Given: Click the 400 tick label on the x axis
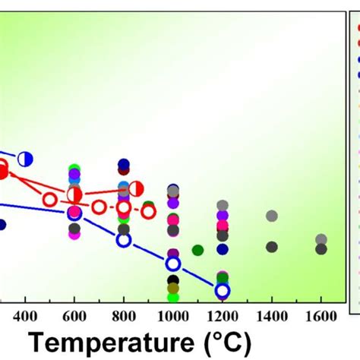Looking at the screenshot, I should click(25, 316).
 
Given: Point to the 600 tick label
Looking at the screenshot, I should click(74, 316).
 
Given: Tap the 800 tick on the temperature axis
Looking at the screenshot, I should click(124, 316).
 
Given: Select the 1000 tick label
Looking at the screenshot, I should click(173, 316).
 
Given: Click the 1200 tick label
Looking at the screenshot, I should click(222, 316).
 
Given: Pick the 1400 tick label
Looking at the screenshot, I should click(271, 316).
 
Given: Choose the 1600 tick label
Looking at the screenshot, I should click(321, 316).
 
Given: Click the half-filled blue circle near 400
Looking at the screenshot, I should click(25, 158).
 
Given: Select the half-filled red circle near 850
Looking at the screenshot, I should click(137, 188).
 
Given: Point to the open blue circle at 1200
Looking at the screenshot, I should click(223, 291).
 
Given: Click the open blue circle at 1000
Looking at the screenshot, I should click(173, 264).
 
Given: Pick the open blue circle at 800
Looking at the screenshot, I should click(124, 240).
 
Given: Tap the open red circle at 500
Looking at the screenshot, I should click(50, 200).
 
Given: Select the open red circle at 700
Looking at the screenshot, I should click(99, 207).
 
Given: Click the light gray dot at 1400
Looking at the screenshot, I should click(272, 216).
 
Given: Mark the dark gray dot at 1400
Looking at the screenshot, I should click(272, 247).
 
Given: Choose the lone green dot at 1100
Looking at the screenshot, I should click(197, 250).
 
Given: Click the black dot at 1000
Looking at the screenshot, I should click(173, 279).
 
